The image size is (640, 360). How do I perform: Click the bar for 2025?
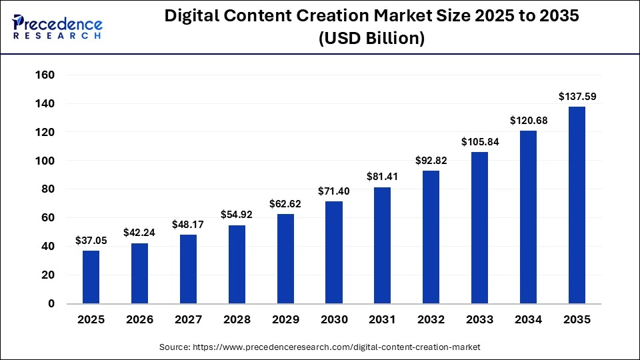point(91,277)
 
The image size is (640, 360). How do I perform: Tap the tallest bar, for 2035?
point(577,205)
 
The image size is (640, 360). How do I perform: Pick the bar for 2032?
point(431,237)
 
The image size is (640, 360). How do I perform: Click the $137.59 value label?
point(577,97)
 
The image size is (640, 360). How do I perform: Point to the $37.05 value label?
point(91,240)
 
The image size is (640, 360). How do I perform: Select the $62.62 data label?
point(285,204)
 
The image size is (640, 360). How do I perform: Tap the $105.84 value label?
point(480,142)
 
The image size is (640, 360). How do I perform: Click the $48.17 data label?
point(188,225)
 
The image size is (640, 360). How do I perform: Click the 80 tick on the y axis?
point(48,189)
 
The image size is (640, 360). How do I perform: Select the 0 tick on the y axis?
point(51,303)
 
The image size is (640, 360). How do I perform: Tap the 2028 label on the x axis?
point(237,320)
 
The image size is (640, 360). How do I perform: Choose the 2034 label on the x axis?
point(528,320)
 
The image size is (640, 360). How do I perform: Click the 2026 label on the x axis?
point(139,320)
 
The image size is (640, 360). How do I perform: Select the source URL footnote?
point(319,347)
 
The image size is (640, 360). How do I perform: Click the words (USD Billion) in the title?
point(371,39)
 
